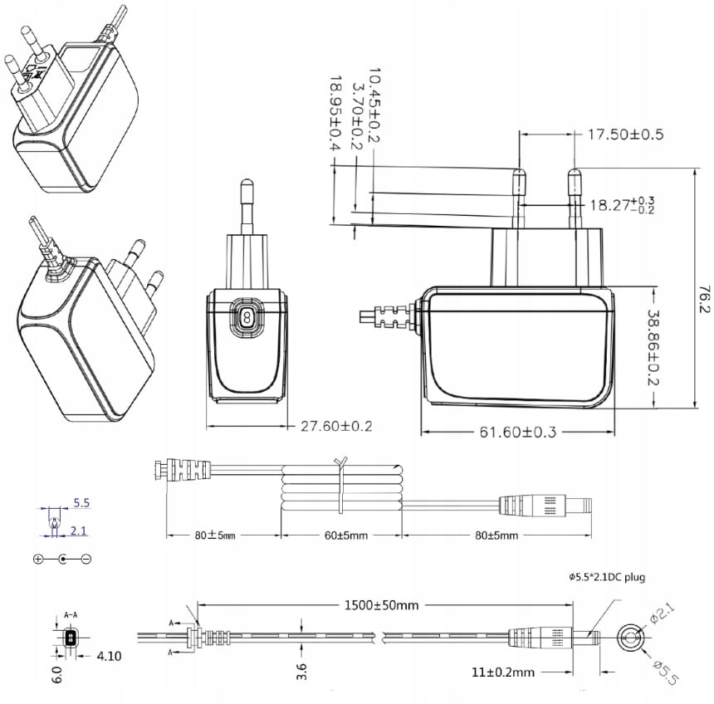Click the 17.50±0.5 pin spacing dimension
pos(626,134)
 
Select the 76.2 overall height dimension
pos(704,299)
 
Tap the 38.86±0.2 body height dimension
pos(653,348)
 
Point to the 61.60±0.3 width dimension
pos(518,432)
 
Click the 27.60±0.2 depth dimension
pos(336,426)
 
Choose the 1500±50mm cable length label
pos(381,605)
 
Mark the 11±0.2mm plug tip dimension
pos(503,672)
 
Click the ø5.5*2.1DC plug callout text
pos(607,578)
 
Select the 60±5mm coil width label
pos(346,535)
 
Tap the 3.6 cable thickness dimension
pos(301,672)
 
